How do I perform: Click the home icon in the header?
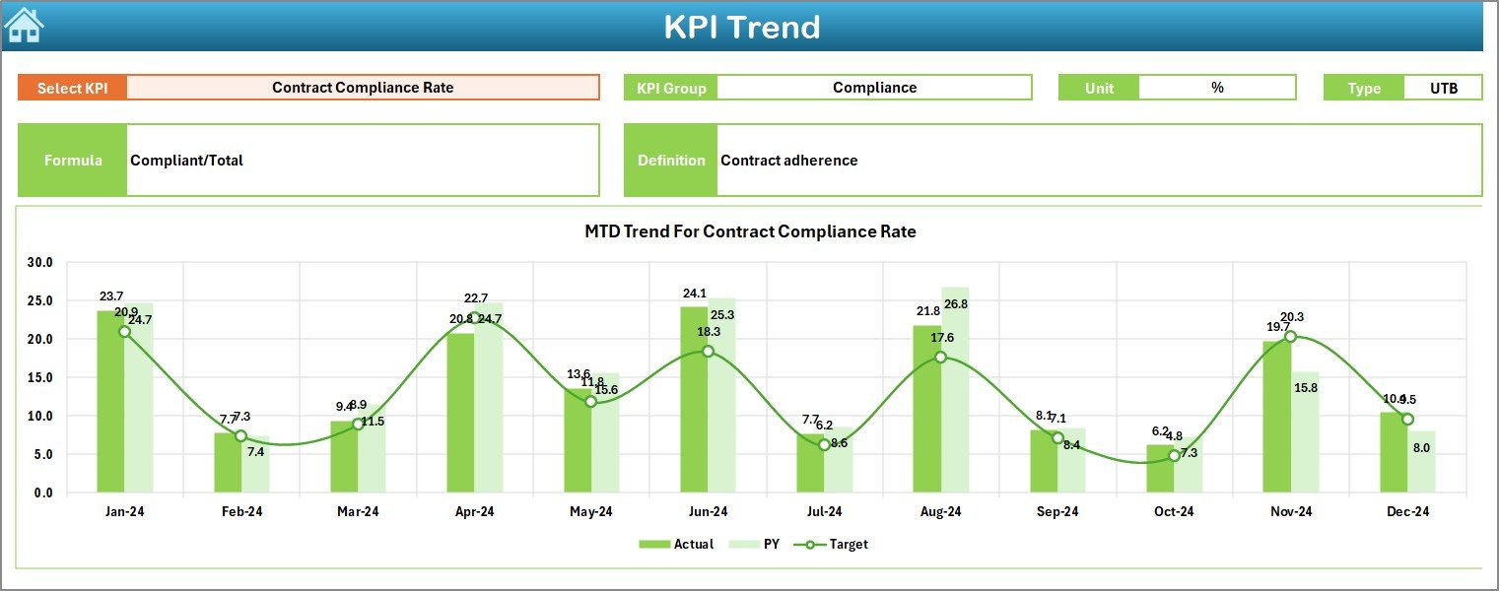(x=24, y=26)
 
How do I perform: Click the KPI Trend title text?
(x=741, y=27)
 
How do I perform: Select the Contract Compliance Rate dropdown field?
(x=363, y=88)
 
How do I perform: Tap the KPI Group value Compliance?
(x=874, y=88)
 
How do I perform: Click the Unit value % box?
(x=1217, y=88)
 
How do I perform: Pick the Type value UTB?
(x=1444, y=88)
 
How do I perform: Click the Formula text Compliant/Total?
(x=187, y=161)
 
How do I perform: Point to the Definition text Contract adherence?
(x=789, y=161)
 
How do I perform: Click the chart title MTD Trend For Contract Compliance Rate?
(x=750, y=232)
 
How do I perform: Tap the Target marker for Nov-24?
(x=1290, y=337)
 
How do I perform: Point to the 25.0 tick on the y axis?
(x=40, y=301)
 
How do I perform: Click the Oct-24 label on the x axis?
(x=1174, y=512)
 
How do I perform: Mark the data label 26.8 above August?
(x=955, y=304)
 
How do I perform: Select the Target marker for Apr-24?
(x=474, y=318)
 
